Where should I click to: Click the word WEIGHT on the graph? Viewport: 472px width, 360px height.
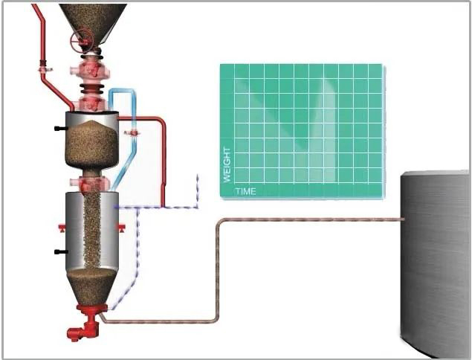227,165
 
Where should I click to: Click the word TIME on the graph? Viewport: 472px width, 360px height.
245,191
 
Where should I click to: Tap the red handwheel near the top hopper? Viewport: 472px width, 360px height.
82,39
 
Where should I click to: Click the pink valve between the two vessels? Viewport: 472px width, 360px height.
91,183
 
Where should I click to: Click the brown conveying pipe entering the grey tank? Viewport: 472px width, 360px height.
312,219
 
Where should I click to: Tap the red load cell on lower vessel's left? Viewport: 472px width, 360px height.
62,225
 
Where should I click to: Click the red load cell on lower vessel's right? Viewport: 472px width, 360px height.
122,225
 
